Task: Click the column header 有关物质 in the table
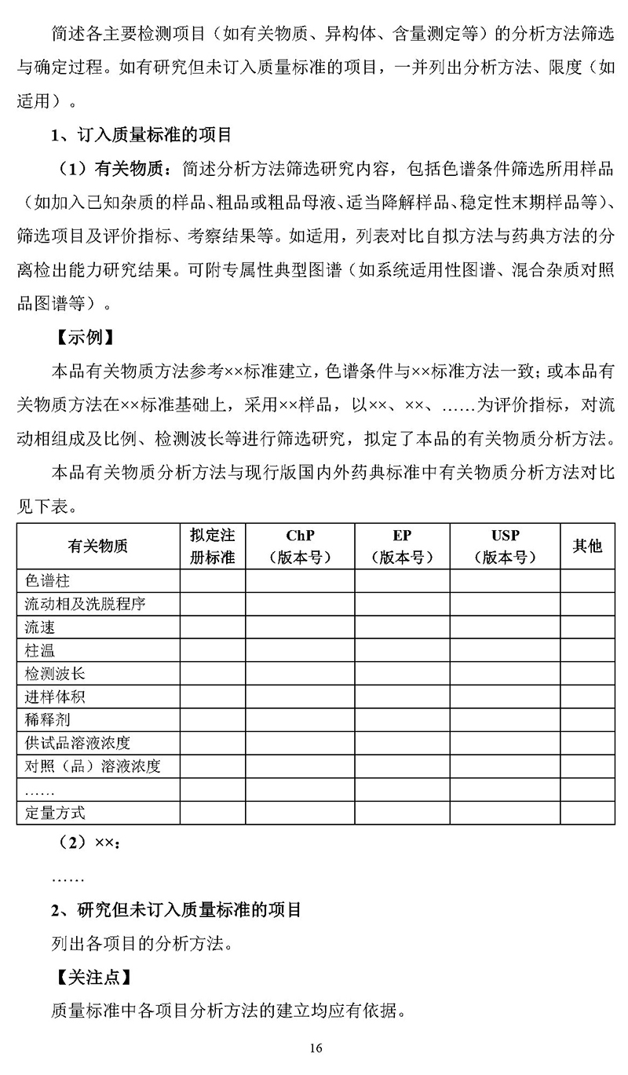pyautogui.click(x=98, y=546)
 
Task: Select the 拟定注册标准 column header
pyautogui.click(x=213, y=546)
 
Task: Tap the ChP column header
pyautogui.click(x=300, y=546)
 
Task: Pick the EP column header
pyautogui.click(x=402, y=546)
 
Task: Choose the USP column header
pyautogui.click(x=505, y=546)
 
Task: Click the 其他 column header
pyautogui.click(x=587, y=546)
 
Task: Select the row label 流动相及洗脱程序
pyautogui.click(x=85, y=604)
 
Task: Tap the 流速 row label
pyautogui.click(x=40, y=627)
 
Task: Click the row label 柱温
pyautogui.click(x=40, y=650)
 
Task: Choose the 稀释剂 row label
pyautogui.click(x=47, y=720)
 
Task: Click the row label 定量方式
pyautogui.click(x=55, y=813)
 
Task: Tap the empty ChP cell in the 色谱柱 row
pyautogui.click(x=300, y=581)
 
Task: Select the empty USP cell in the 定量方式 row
pyautogui.click(x=505, y=813)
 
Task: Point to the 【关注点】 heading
pyautogui.click(x=93, y=978)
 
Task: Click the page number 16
pyautogui.click(x=316, y=1048)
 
